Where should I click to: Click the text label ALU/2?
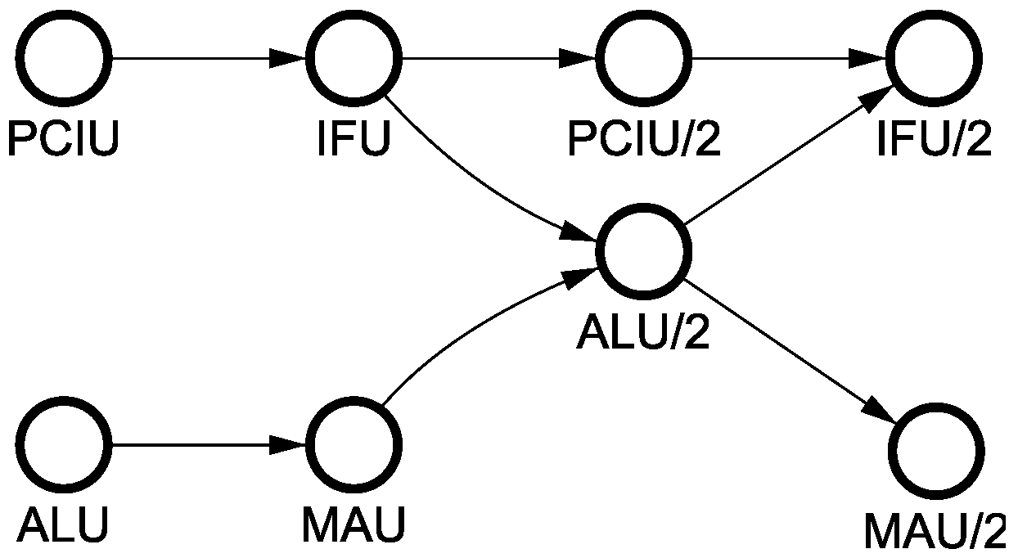pyautogui.click(x=644, y=333)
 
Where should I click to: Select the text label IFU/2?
pyautogui.click(x=934, y=140)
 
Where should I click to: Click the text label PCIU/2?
pyautogui.click(x=645, y=140)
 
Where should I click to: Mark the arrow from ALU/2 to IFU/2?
pyautogui.click(x=786, y=155)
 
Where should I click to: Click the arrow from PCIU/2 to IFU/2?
pyautogui.click(x=790, y=59)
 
